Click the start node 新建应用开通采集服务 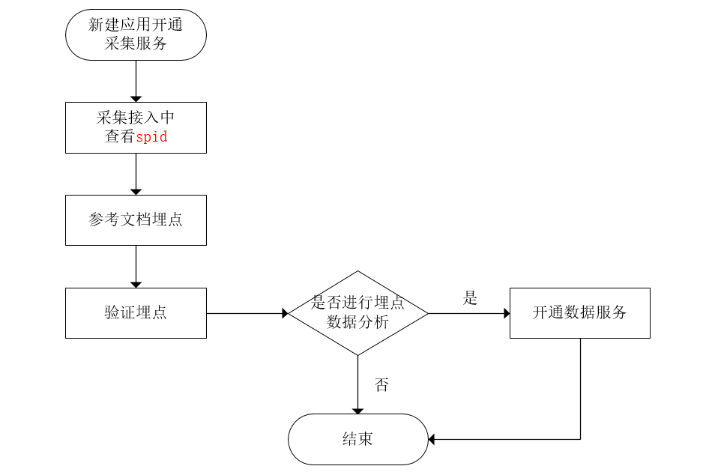coord(136,34)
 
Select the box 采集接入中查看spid coord(136,127)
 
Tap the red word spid coord(151,137)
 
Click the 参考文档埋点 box coord(136,220)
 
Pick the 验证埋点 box coord(136,313)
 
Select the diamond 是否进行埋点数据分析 coord(357,313)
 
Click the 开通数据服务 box coord(579,313)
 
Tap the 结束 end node coord(357,439)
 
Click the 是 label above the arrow coord(470,298)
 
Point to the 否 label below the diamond coord(381,385)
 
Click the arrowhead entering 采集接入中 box coord(136,99)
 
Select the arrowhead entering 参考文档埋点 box coord(136,192)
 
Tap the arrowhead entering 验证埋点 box coord(136,285)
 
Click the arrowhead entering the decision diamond coord(285,313)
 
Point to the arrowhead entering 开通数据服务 coord(507,313)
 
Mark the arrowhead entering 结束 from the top coord(357,411)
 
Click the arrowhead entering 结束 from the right coord(432,439)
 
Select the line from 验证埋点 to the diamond coord(244,313)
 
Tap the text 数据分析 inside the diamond coord(357,323)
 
